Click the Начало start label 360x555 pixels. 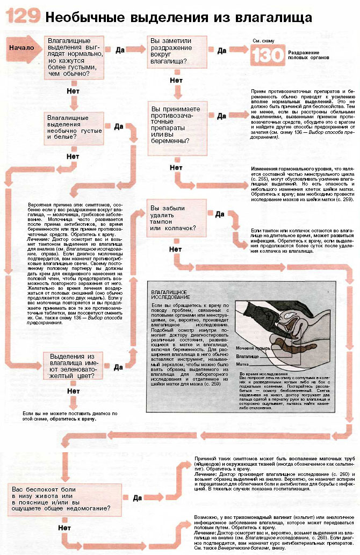[21, 47]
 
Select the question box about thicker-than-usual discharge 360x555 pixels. [73, 57]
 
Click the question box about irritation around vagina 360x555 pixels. [177, 51]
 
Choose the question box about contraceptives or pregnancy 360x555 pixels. [177, 125]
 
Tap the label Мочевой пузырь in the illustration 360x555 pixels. [250, 348]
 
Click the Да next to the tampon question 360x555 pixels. [219, 214]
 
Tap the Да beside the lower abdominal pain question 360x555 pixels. [138, 497]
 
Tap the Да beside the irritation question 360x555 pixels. [221, 51]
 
